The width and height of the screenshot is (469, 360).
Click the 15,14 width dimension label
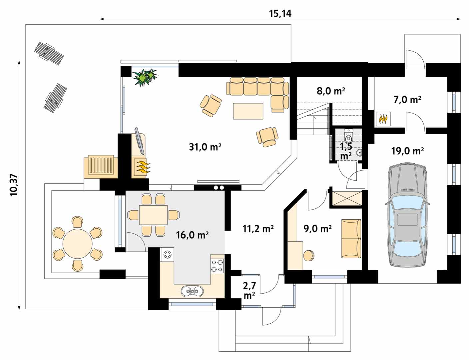280,14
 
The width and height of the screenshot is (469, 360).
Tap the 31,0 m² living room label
205,147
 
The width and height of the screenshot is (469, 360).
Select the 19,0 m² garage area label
407,151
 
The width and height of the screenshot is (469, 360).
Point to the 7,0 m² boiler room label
407,100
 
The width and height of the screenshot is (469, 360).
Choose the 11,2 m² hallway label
258,228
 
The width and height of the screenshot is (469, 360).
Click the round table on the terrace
78,244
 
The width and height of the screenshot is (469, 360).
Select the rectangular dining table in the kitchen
154,215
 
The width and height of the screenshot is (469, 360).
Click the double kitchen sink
192,291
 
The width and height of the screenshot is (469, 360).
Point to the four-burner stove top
217,266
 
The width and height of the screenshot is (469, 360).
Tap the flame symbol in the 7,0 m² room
383,119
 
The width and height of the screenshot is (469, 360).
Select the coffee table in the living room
248,111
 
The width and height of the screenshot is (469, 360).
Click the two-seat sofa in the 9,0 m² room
351,239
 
